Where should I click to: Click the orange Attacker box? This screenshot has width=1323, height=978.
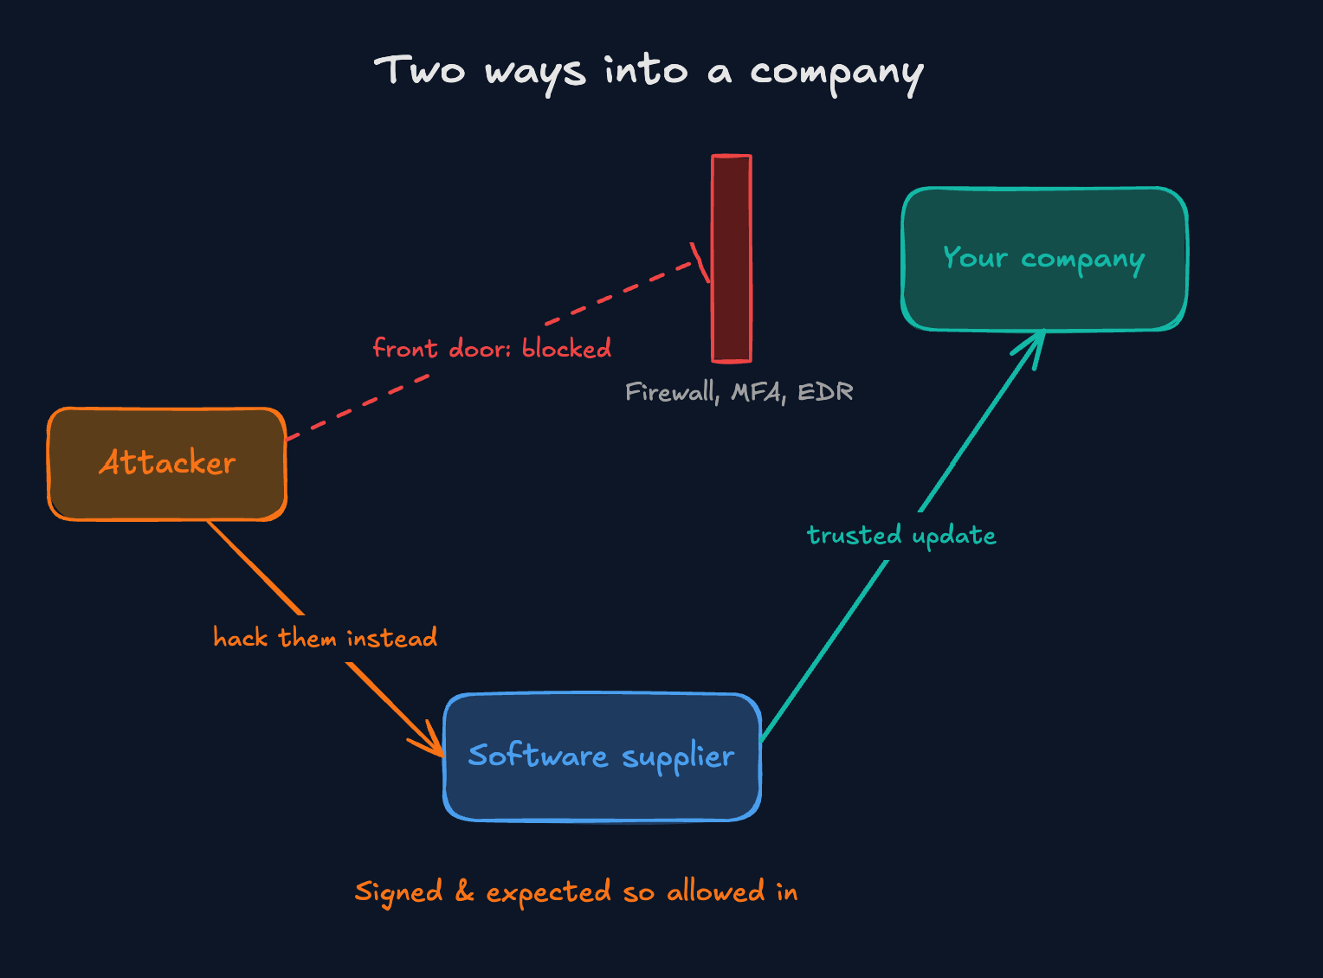pos(167,464)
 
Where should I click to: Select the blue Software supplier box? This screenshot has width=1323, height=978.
pos(602,756)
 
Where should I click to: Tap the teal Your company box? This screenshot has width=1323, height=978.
pos(1044,259)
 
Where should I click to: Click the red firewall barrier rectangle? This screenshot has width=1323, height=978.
pos(732,258)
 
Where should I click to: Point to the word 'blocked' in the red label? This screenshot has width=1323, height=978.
pos(566,348)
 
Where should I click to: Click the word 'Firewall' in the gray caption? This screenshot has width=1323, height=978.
pos(672,392)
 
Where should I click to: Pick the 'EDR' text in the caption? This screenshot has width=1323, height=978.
pos(825,392)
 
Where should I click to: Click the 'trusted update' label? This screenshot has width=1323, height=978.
pos(901,536)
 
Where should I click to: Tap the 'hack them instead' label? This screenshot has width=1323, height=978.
pos(325,638)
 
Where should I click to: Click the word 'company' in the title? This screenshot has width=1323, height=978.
pos(836,74)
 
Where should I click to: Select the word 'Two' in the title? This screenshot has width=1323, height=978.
pos(419,70)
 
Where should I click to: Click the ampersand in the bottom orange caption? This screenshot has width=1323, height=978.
pos(465,891)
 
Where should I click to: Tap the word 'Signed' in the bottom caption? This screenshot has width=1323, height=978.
pos(398,893)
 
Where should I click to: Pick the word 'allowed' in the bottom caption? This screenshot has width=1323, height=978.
pos(716,891)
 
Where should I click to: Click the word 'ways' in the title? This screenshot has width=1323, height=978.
pos(535,74)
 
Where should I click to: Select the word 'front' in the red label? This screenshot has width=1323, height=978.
pos(405,348)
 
